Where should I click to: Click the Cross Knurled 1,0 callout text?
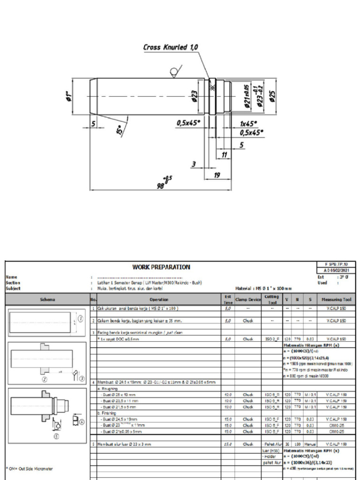(171, 47)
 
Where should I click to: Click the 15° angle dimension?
(122, 130)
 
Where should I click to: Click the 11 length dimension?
(224, 154)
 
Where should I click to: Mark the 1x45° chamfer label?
(248, 124)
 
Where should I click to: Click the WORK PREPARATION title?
(161, 267)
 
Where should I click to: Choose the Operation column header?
(156, 299)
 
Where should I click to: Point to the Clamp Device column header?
(247, 299)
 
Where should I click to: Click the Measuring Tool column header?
(336, 299)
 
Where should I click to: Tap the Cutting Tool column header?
(272, 299)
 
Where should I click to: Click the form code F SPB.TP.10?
(336, 264)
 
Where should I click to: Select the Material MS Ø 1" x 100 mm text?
(263, 289)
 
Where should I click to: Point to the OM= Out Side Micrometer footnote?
(30, 468)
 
